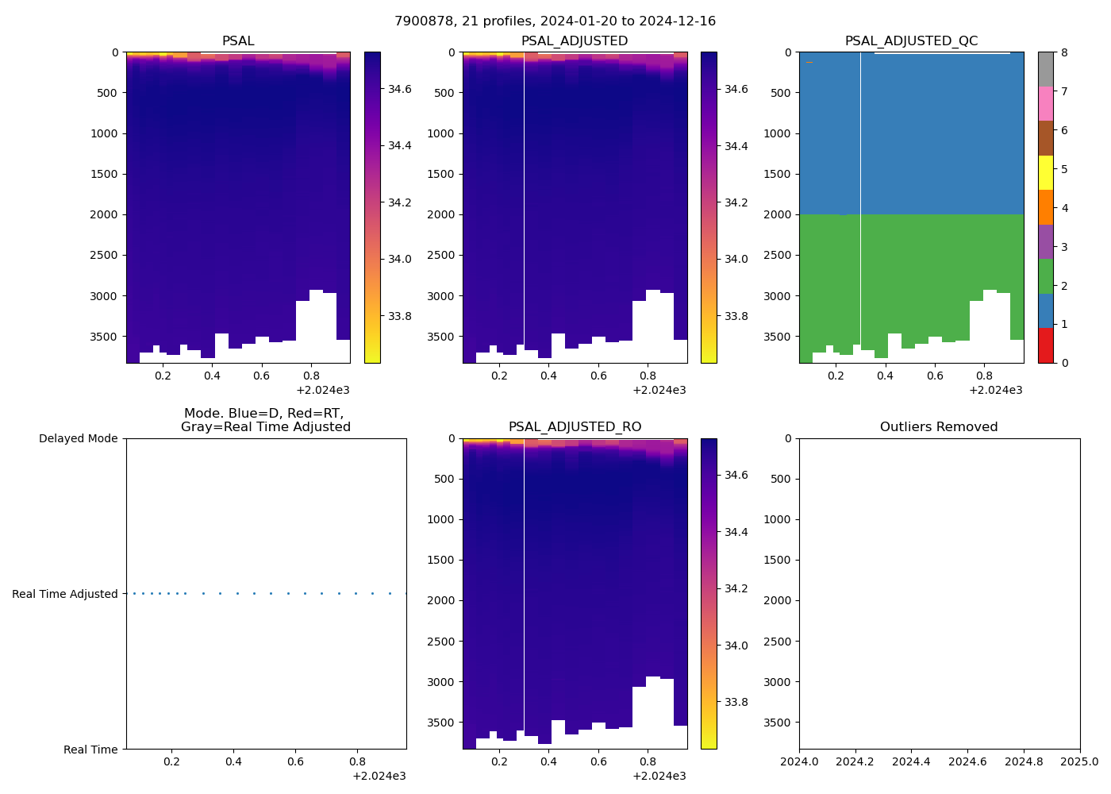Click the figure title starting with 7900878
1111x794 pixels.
(x=555, y=21)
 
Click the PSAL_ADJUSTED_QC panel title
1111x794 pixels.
(x=911, y=41)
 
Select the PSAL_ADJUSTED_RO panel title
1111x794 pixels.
(x=575, y=427)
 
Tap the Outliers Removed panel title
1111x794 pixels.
(x=939, y=427)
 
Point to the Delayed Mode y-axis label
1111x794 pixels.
(x=78, y=438)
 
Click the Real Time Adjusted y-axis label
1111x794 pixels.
(x=65, y=594)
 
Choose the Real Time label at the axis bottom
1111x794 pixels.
(x=90, y=750)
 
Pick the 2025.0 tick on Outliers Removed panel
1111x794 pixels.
(x=1080, y=762)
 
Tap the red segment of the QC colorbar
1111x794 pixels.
(x=1046, y=345)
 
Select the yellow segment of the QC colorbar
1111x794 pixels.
(x=1046, y=172)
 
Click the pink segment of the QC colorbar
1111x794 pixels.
(x=1046, y=103)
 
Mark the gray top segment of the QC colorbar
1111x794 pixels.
(x=1046, y=69)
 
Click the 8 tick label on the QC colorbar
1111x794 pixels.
(x=1064, y=52)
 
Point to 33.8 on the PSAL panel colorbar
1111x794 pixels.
(x=399, y=316)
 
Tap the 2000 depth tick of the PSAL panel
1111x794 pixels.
(x=104, y=214)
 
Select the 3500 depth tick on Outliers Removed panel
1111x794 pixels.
(x=777, y=723)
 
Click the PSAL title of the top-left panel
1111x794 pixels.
(x=238, y=41)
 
